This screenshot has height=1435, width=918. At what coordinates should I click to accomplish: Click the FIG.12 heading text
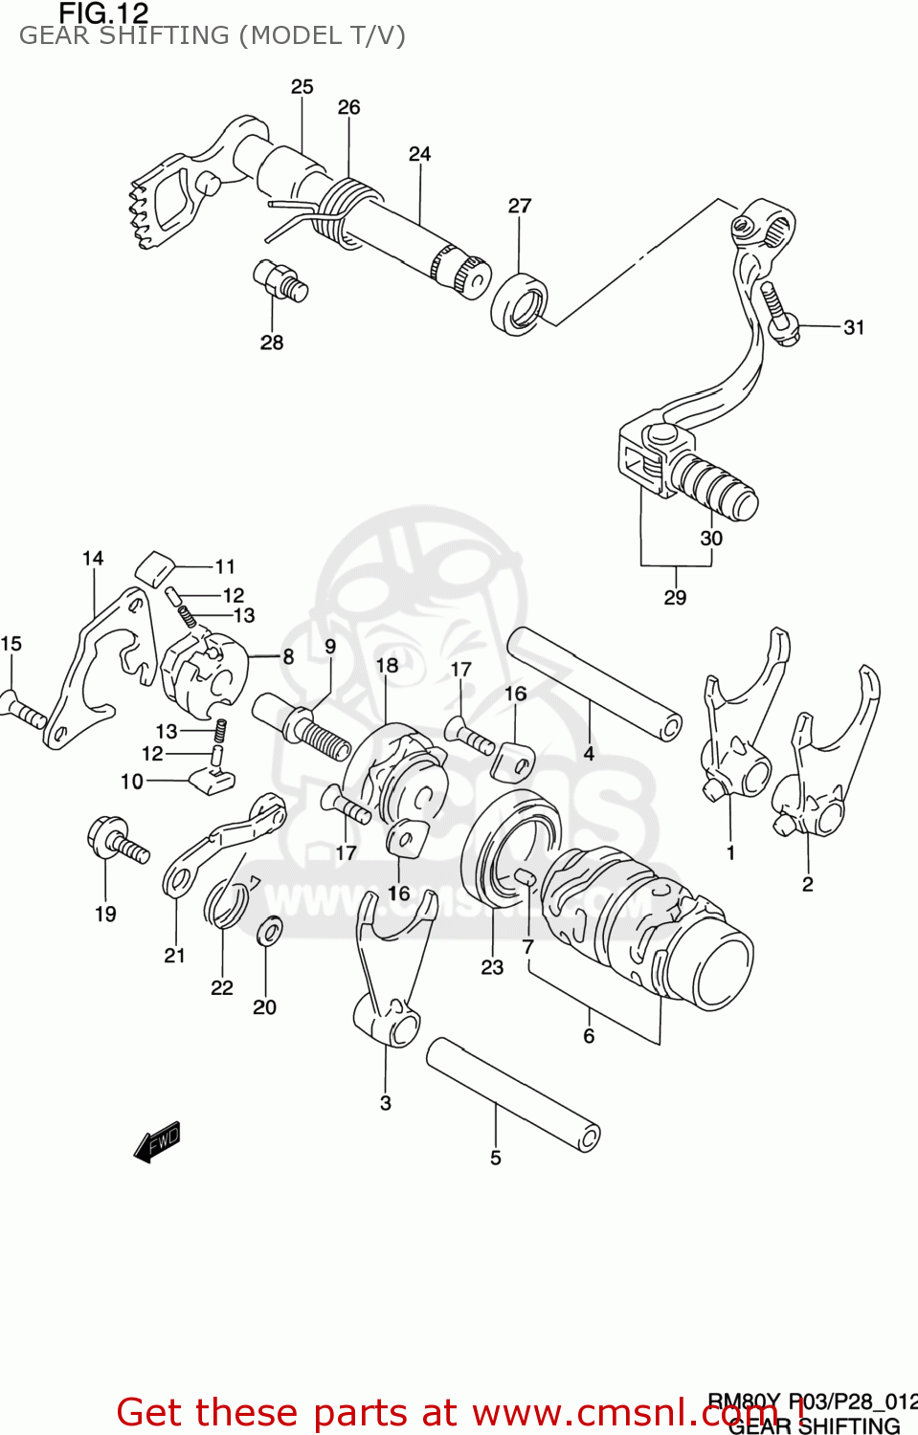pos(103,13)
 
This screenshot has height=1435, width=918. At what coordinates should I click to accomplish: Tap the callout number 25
pos(302,87)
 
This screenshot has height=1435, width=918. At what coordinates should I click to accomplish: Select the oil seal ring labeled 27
pos(519,303)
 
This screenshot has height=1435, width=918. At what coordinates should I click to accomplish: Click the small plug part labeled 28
pos(280,278)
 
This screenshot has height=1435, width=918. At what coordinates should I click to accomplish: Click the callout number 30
pos(711,539)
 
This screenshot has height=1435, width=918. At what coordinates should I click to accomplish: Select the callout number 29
pos(675,598)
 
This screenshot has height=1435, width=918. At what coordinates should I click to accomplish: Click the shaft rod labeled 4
pos(593,683)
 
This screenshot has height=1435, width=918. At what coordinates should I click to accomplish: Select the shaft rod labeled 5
pos(512,1094)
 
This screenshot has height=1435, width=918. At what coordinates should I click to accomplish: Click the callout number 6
pos(589,1036)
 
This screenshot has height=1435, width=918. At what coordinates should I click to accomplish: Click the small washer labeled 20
pos(270,929)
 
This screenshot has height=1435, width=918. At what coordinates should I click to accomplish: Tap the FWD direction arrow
pos(157,1140)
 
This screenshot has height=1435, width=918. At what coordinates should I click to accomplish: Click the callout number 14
pos(93,559)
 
